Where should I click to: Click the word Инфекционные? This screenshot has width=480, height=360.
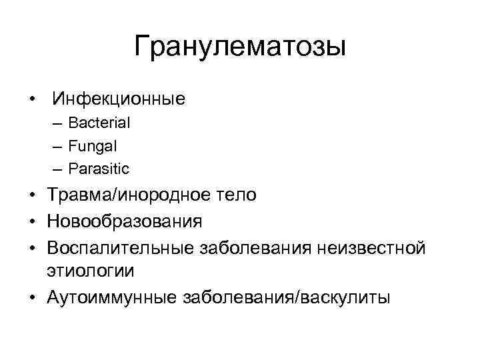point(119,100)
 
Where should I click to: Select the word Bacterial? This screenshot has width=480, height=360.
point(99,123)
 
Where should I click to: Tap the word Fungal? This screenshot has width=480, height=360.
point(93,145)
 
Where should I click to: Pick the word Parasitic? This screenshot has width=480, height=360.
point(99,168)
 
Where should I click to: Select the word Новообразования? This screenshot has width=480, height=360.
point(124,220)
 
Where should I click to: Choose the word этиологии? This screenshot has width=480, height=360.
point(90,271)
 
